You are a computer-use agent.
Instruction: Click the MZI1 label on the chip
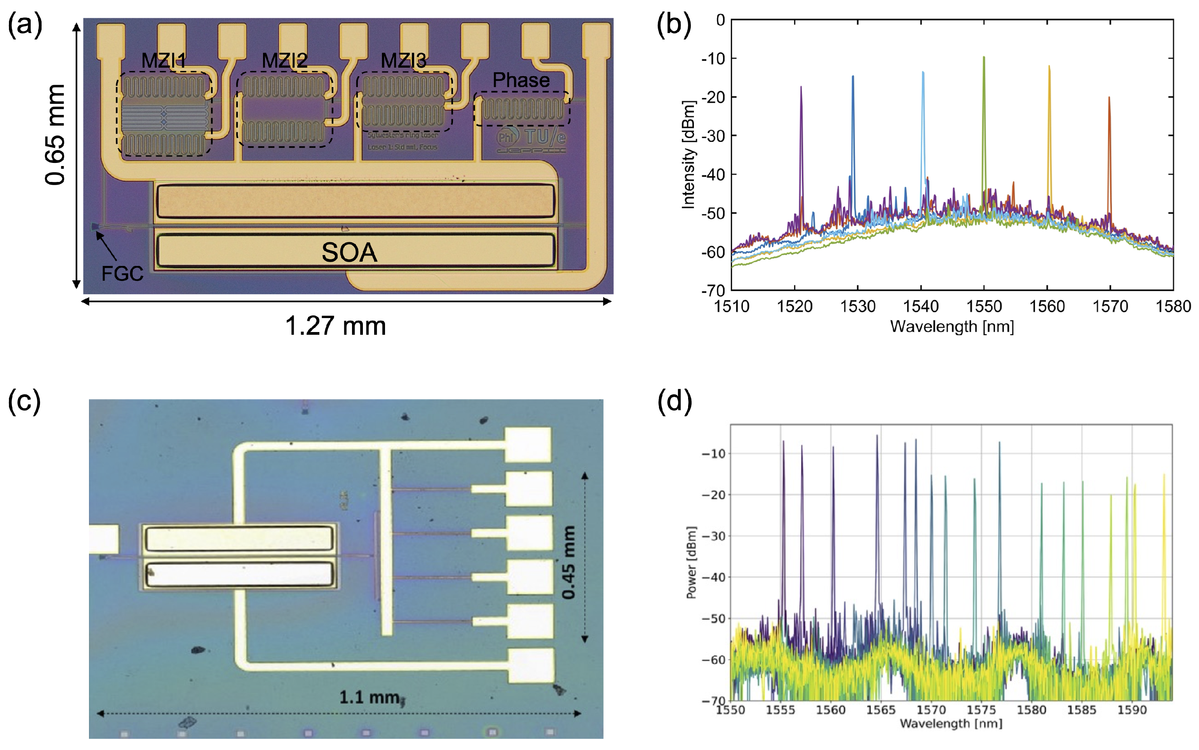pyautogui.click(x=164, y=61)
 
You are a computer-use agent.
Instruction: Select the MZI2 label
pyautogui.click(x=284, y=61)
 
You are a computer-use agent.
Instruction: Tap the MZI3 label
pyautogui.click(x=403, y=61)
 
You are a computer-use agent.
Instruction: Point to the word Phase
pyautogui.click(x=521, y=80)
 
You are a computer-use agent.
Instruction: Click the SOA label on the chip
pyautogui.click(x=349, y=252)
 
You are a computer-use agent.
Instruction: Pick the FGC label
pyautogui.click(x=122, y=273)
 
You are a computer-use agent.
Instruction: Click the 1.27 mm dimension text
pyautogui.click(x=336, y=326)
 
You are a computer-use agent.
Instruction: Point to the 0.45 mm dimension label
pyautogui.click(x=569, y=562)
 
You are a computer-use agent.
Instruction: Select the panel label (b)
pyautogui.click(x=674, y=25)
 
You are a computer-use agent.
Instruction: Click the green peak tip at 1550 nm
pyautogui.click(x=984, y=58)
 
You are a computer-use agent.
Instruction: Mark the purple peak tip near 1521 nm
pyautogui.click(x=801, y=88)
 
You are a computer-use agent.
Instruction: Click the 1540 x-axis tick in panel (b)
pyautogui.click(x=921, y=306)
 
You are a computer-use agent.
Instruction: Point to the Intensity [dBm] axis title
pyautogui.click(x=688, y=155)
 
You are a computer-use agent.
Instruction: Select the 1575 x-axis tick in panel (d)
pyautogui.click(x=981, y=710)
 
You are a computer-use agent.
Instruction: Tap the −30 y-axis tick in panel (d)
pyautogui.click(x=713, y=536)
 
